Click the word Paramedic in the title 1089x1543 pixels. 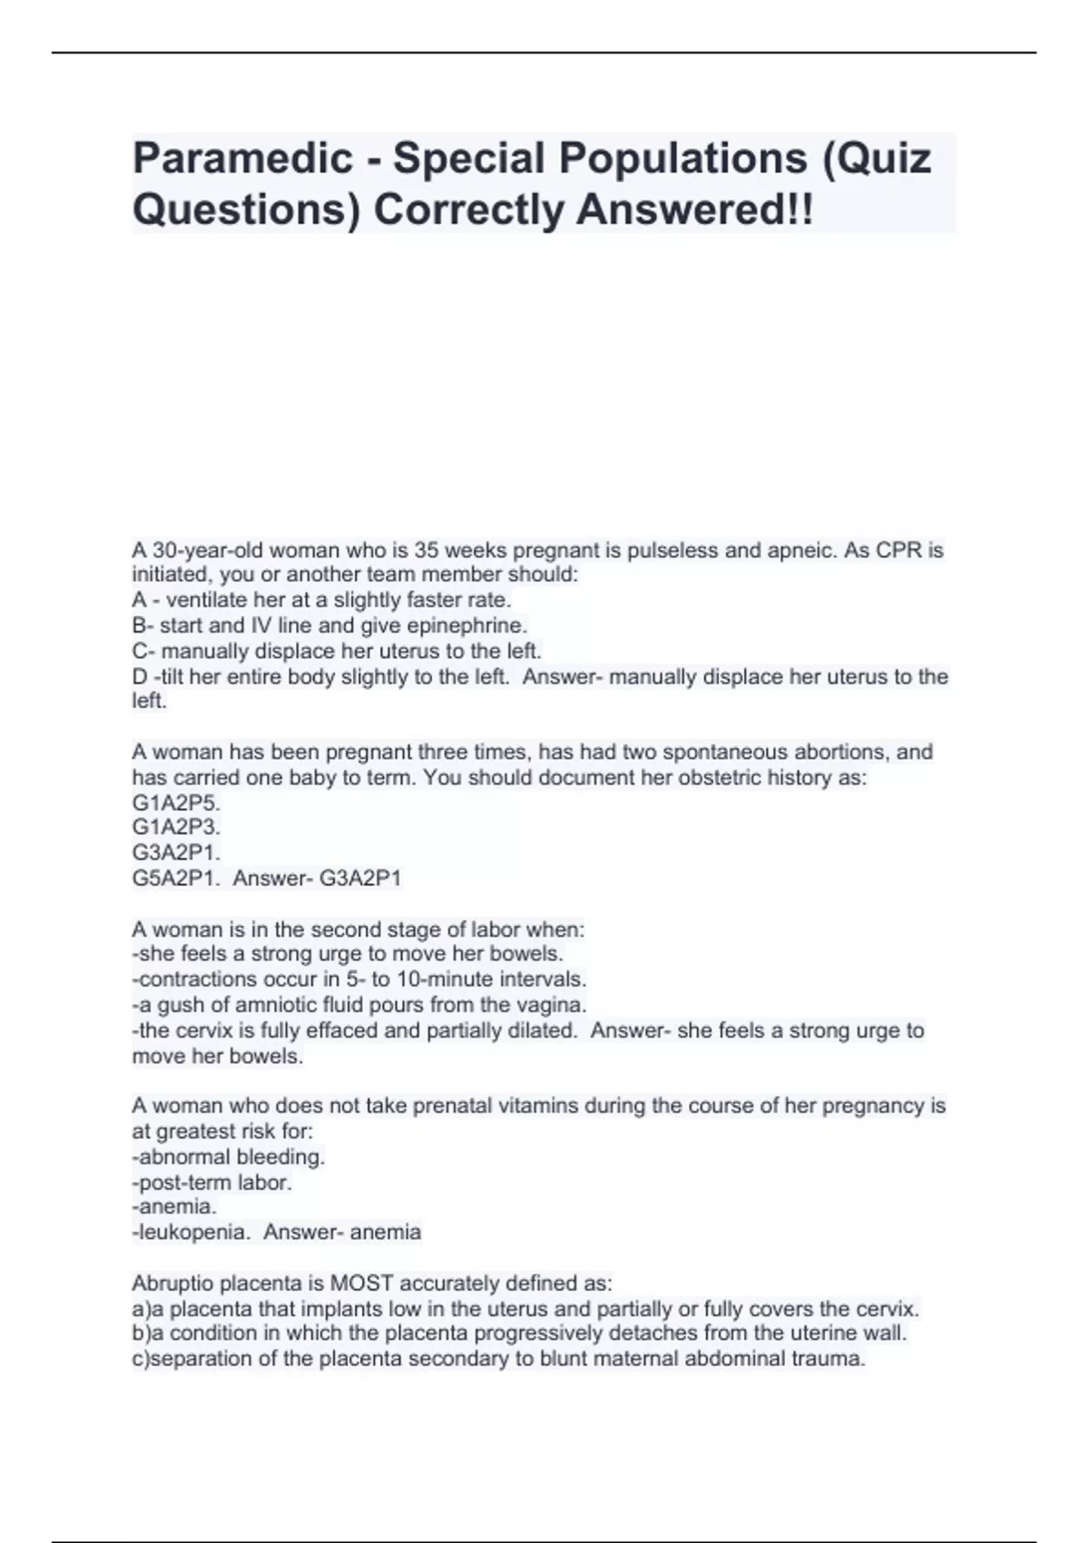coord(242,158)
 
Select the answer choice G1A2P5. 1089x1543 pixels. coord(176,802)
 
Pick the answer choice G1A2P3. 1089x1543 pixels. coord(176,828)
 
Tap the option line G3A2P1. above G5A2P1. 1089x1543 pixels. coord(176,853)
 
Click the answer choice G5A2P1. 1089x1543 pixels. coord(176,879)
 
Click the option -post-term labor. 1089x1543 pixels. coord(212,1183)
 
